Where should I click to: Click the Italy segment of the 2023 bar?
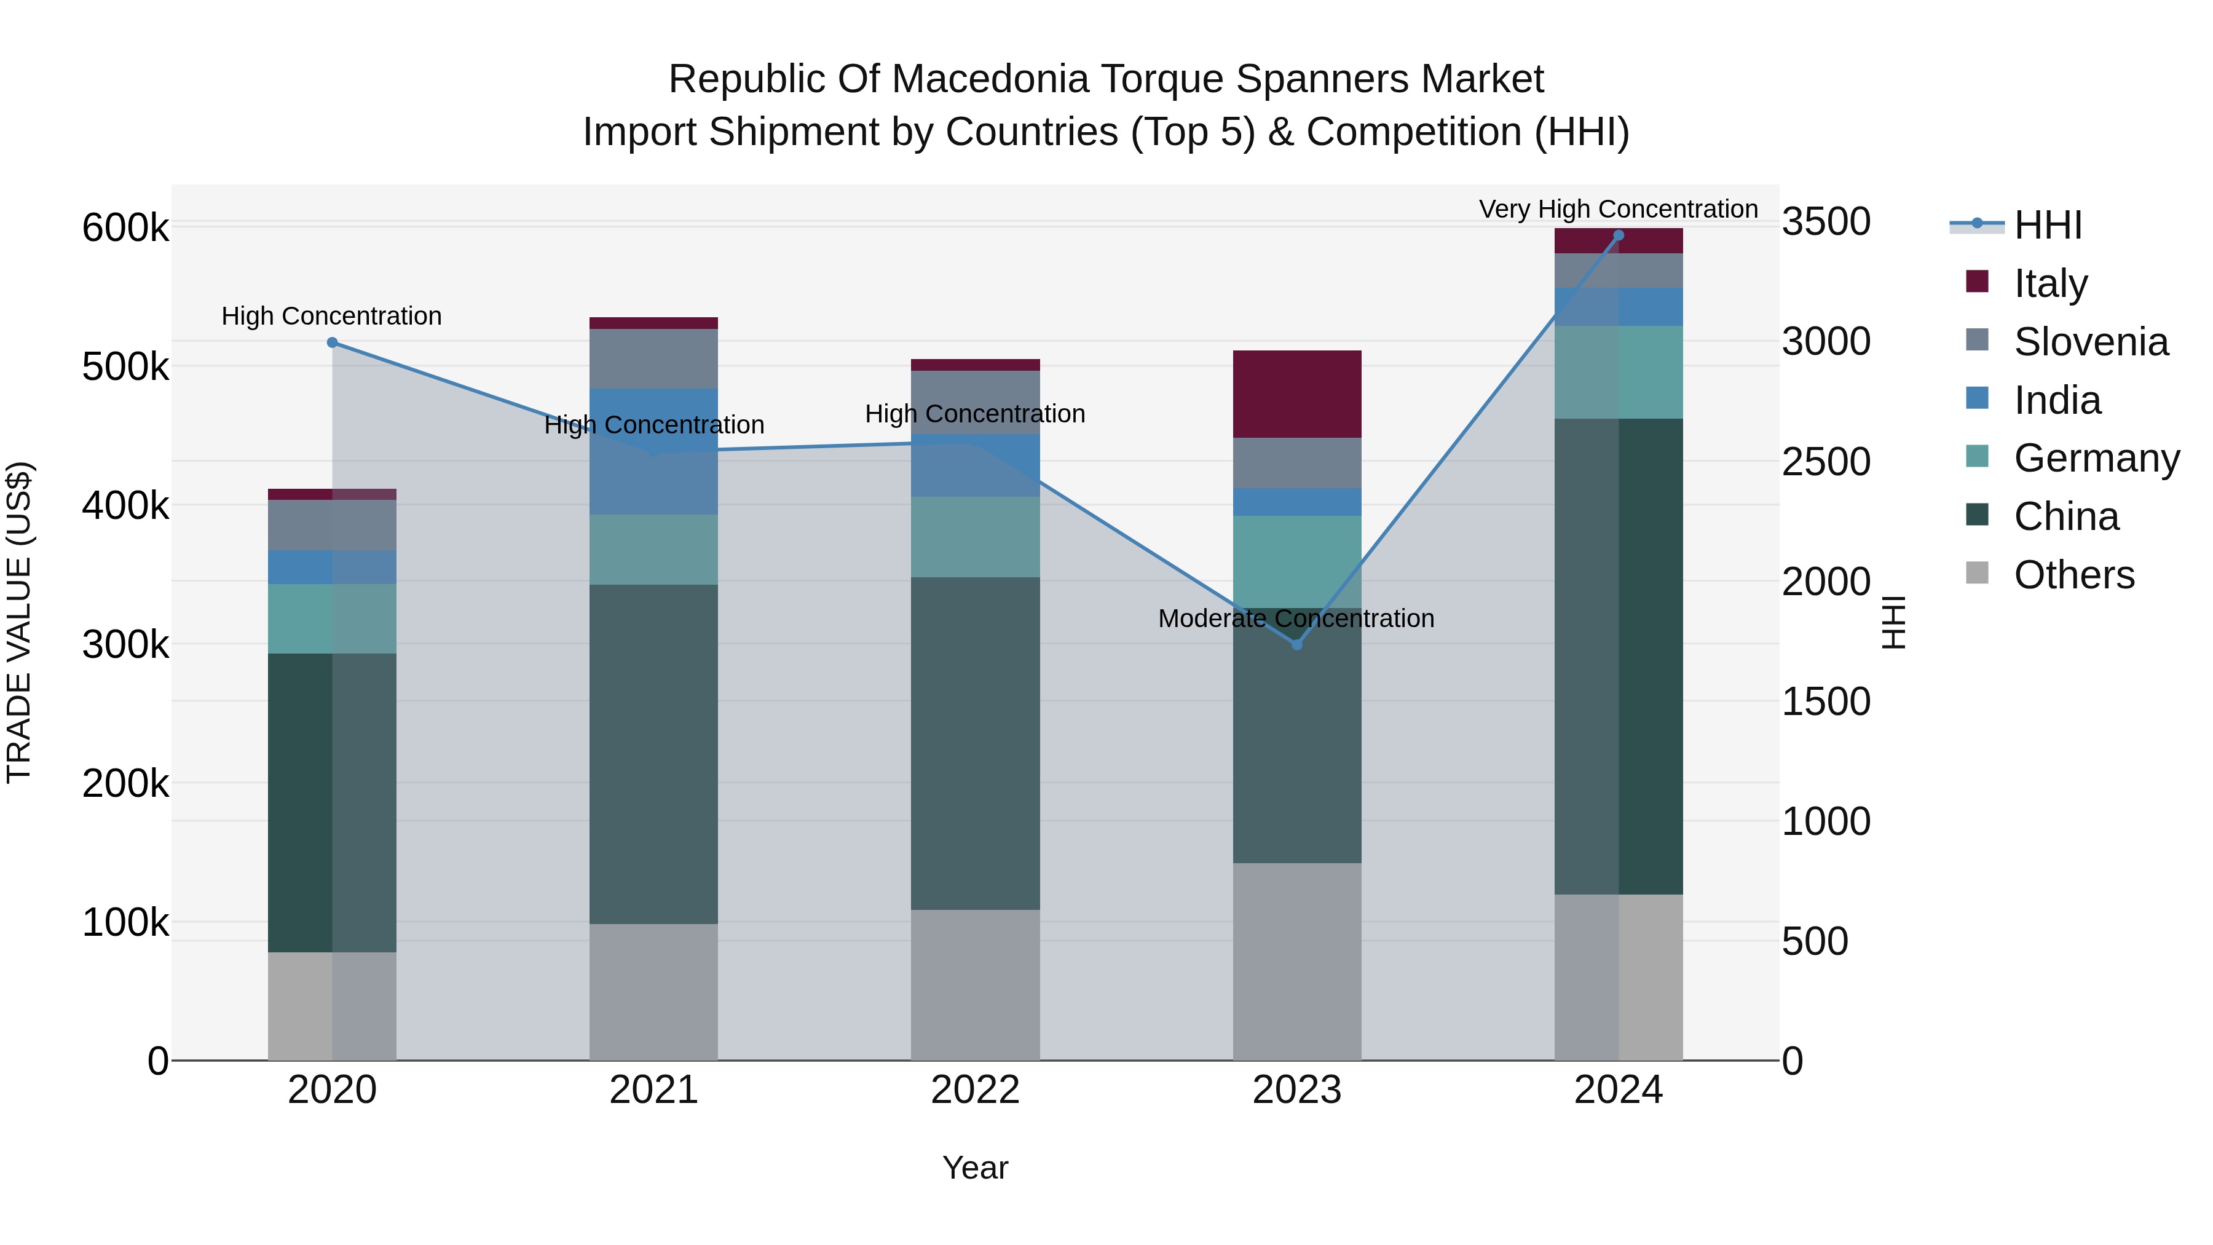1296,393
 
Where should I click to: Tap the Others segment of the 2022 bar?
975,985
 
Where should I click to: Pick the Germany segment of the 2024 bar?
1618,372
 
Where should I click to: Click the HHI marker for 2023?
1296,644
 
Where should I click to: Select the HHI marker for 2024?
1618,235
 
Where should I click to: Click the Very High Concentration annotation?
1618,209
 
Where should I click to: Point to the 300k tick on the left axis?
125,644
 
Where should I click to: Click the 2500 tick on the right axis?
1826,461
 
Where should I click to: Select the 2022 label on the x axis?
975,1090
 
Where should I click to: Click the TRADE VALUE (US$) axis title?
19,622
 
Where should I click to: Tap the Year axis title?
975,1168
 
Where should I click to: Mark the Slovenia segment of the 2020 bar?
333,525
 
